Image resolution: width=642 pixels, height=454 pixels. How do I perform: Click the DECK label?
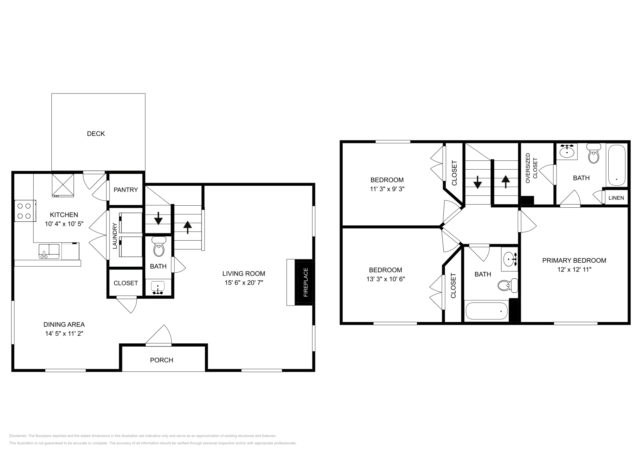pyautogui.click(x=96, y=134)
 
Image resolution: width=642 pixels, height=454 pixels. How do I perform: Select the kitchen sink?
pyautogui.click(x=49, y=251)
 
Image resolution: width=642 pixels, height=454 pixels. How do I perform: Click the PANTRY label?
pyautogui.click(x=126, y=190)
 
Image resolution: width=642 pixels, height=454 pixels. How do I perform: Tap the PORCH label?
pyautogui.click(x=162, y=360)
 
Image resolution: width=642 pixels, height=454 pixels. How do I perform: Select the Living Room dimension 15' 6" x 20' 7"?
pyautogui.click(x=244, y=283)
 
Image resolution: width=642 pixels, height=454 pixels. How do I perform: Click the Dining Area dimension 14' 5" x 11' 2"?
pyautogui.click(x=64, y=333)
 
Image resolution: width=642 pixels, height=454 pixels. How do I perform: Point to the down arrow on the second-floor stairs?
pyautogui.click(x=477, y=183)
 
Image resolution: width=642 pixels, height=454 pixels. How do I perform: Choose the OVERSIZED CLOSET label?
pyautogui.click(x=531, y=168)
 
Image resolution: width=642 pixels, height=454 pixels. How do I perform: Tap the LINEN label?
pyautogui.click(x=616, y=198)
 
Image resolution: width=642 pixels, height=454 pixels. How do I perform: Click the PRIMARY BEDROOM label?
pyautogui.click(x=574, y=261)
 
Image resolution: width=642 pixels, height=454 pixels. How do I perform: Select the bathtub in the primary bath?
pyautogui.click(x=617, y=165)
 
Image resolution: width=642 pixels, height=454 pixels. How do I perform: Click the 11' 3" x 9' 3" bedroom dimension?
pyautogui.click(x=387, y=189)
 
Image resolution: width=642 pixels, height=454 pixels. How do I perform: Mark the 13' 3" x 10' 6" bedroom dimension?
pyautogui.click(x=386, y=279)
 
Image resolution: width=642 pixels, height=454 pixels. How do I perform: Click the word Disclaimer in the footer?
pyautogui.click(x=17, y=436)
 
